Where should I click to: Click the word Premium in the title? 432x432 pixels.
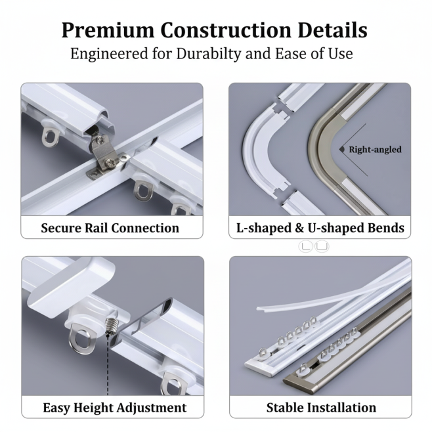coord(108,30)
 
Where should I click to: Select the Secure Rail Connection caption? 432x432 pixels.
coord(110,228)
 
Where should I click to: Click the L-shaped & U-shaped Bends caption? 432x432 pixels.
coord(320,228)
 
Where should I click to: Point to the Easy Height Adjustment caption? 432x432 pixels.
coord(115,408)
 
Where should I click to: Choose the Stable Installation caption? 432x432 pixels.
coord(321,408)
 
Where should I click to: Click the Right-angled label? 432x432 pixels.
coord(375,150)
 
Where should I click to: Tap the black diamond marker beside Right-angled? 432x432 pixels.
coord(342,149)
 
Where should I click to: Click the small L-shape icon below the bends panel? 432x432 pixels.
coord(305,246)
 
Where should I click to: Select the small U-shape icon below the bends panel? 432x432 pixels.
coord(322,246)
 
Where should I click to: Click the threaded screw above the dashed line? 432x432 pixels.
coord(110,326)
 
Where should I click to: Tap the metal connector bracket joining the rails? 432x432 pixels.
coord(102,158)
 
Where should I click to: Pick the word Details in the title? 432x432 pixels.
coord(333,30)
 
